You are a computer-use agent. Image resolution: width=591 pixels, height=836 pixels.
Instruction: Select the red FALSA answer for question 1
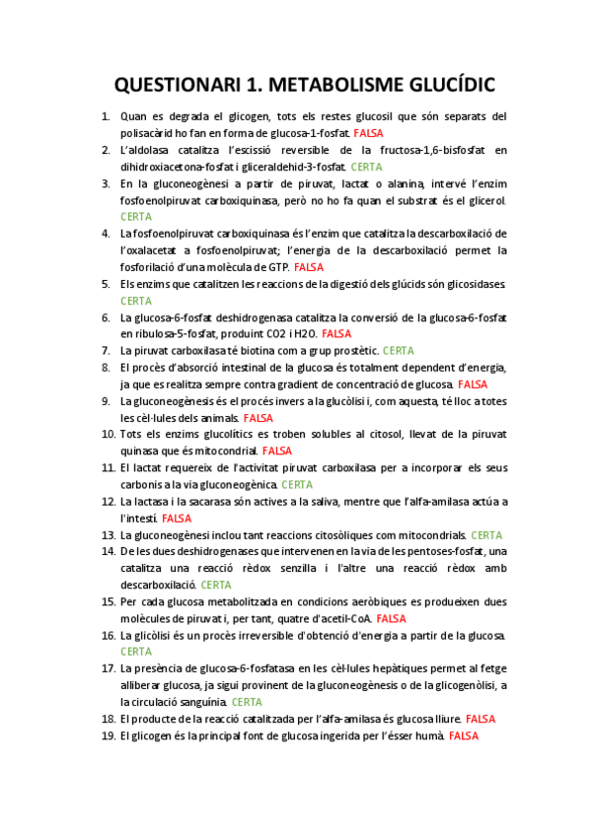click(x=368, y=133)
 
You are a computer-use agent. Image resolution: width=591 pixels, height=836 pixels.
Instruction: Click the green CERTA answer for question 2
click(x=366, y=167)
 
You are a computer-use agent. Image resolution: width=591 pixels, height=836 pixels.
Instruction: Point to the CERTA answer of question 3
click(x=136, y=216)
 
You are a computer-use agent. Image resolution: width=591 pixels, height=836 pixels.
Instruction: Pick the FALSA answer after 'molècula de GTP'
click(x=309, y=267)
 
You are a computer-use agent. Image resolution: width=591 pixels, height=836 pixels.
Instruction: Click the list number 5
click(x=105, y=284)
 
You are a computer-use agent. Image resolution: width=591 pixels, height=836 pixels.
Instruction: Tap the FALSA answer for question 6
click(x=336, y=333)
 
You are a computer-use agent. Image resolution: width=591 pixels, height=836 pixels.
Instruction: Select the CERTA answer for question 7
click(x=398, y=350)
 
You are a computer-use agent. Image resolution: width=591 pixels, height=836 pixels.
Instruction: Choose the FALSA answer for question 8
click(x=473, y=383)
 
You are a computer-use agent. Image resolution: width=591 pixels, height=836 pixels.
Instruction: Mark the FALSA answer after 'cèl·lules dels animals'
click(x=259, y=418)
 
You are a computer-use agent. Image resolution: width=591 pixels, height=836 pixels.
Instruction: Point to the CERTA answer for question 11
click(x=297, y=484)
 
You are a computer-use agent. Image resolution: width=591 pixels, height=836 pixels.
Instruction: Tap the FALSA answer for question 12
click(x=177, y=518)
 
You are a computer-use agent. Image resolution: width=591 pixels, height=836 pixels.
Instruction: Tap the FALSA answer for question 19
click(x=463, y=735)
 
